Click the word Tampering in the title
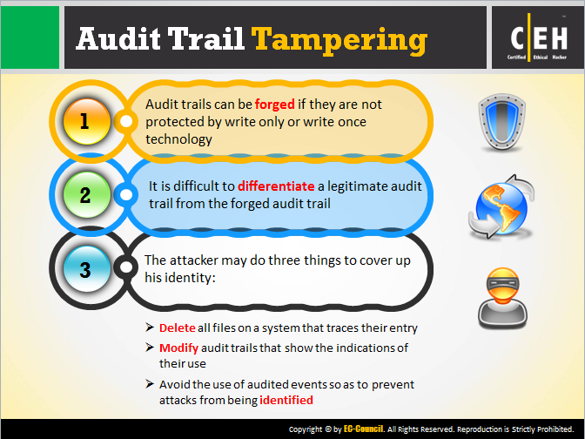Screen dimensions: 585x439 (340, 40)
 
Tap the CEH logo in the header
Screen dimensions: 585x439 (538, 37)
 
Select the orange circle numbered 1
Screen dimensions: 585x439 (86, 122)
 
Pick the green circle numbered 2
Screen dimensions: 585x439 (86, 195)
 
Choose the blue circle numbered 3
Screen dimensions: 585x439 (86, 268)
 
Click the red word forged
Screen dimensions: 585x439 (274, 105)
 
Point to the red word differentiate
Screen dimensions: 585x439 (276, 186)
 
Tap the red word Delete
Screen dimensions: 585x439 (178, 328)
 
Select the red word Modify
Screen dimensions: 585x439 (178, 348)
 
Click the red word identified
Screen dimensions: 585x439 (286, 400)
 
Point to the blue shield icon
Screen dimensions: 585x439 (501, 122)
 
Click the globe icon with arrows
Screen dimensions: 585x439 (501, 206)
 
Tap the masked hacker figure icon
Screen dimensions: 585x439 (502, 298)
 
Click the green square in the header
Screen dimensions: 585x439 (30, 37)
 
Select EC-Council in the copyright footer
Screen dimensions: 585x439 (363, 429)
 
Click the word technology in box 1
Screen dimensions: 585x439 (178, 139)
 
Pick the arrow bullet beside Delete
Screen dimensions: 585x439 (150, 328)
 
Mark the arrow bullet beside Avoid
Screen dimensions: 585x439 (150, 384)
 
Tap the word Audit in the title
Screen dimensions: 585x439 (118, 38)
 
